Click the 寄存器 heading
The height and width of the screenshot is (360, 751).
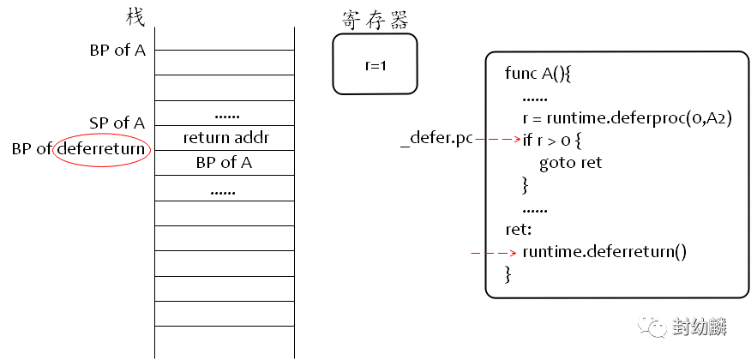(x=375, y=21)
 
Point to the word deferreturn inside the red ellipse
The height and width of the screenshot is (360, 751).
(x=103, y=151)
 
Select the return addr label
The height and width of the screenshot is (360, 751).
(x=226, y=138)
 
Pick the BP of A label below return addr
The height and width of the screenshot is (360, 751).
(x=225, y=163)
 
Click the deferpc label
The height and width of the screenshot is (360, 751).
(x=441, y=139)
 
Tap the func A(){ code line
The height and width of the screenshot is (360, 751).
(x=537, y=75)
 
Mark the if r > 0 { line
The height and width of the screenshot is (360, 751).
(x=556, y=140)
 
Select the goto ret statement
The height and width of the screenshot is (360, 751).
(x=571, y=162)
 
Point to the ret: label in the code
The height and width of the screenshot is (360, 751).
(x=519, y=230)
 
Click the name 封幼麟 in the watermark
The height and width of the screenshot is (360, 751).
(x=700, y=327)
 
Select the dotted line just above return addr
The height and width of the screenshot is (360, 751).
(x=225, y=116)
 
